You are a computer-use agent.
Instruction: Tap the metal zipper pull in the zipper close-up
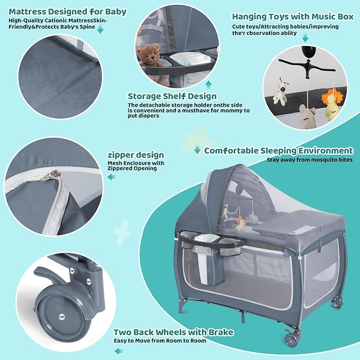click(x=50, y=175)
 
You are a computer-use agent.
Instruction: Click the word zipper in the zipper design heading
click(x=120, y=155)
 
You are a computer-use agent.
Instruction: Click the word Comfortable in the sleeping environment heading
click(x=231, y=151)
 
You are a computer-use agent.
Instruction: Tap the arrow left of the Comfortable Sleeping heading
click(x=197, y=150)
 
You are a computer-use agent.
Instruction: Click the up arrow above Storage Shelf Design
click(x=208, y=85)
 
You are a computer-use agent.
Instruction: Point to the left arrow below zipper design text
click(x=111, y=177)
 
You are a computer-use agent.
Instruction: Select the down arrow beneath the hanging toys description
click(x=305, y=38)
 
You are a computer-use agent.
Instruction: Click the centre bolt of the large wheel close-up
click(x=62, y=317)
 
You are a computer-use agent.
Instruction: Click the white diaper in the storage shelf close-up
click(x=190, y=58)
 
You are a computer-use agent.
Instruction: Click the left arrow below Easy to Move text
click(x=118, y=351)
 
